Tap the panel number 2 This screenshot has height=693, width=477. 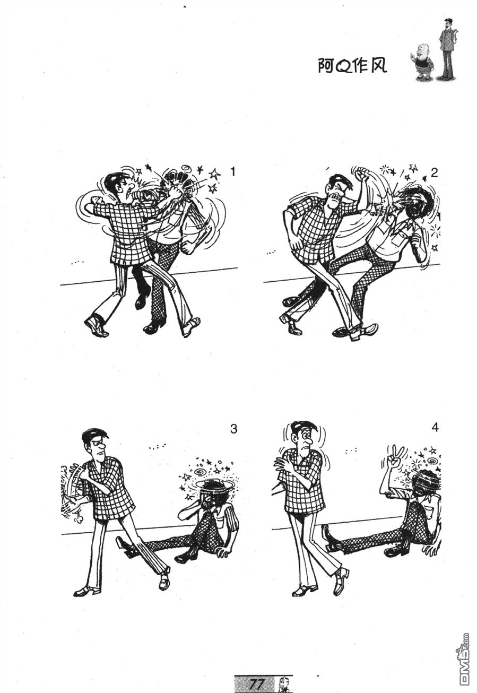(x=435, y=172)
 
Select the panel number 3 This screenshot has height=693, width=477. (x=233, y=429)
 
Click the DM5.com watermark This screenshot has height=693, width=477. (x=464, y=659)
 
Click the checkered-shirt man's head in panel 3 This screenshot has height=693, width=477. (x=96, y=443)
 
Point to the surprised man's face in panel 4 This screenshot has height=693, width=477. (x=305, y=439)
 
